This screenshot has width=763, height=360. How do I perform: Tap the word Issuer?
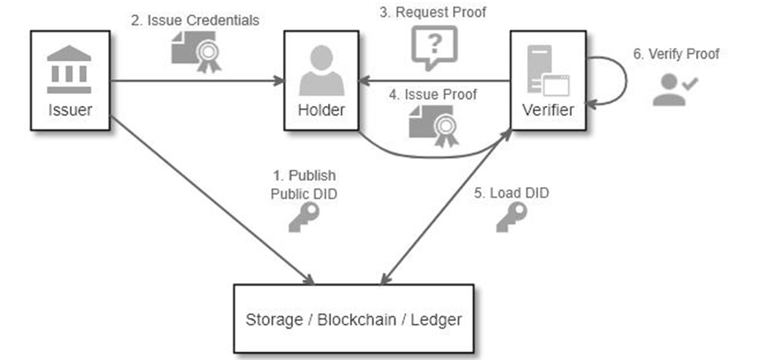70,109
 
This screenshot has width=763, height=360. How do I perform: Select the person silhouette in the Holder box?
321,70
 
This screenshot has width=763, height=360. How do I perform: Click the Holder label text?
321,109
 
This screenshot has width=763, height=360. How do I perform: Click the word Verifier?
548,109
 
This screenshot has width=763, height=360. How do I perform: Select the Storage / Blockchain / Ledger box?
353,318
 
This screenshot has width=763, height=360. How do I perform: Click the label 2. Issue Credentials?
194,20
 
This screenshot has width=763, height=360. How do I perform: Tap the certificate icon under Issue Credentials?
195,51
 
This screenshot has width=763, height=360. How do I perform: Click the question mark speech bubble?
434,46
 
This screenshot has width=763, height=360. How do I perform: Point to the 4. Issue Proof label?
433,95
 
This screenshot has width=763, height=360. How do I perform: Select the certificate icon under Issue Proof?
434,125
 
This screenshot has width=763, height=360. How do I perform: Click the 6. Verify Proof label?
676,54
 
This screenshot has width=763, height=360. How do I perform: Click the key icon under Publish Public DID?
303,218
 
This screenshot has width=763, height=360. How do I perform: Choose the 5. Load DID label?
511,193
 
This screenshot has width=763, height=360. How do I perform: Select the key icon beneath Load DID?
511,217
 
